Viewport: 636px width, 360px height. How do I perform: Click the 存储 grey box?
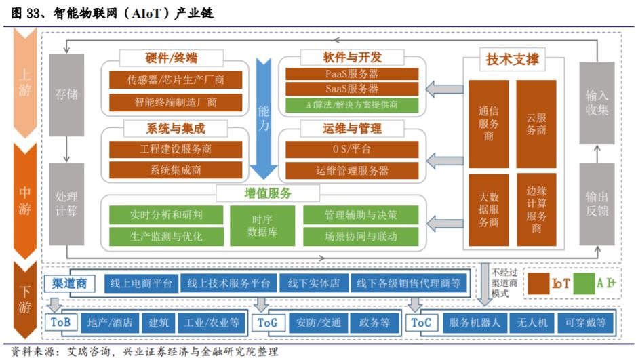[x=66, y=95]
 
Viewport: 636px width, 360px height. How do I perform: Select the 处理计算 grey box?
[x=66, y=203]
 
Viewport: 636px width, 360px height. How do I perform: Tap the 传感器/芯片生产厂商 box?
[x=176, y=80]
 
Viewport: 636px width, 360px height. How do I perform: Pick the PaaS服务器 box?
[x=351, y=74]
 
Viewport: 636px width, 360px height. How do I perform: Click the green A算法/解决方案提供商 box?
[x=351, y=105]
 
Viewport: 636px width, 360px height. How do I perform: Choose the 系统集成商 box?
[x=176, y=170]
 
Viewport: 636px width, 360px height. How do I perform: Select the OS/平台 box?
[x=351, y=149]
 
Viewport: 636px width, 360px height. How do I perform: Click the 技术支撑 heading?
[x=512, y=59]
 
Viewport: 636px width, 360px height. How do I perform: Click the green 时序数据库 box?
[x=262, y=226]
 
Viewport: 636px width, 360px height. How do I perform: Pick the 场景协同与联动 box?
[x=360, y=236]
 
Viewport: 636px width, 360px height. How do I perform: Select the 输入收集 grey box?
[x=597, y=102]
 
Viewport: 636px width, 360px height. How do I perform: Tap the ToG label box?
[x=268, y=323]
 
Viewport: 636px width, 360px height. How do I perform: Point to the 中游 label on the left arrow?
[x=24, y=200]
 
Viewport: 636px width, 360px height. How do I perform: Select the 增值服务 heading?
[x=263, y=193]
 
